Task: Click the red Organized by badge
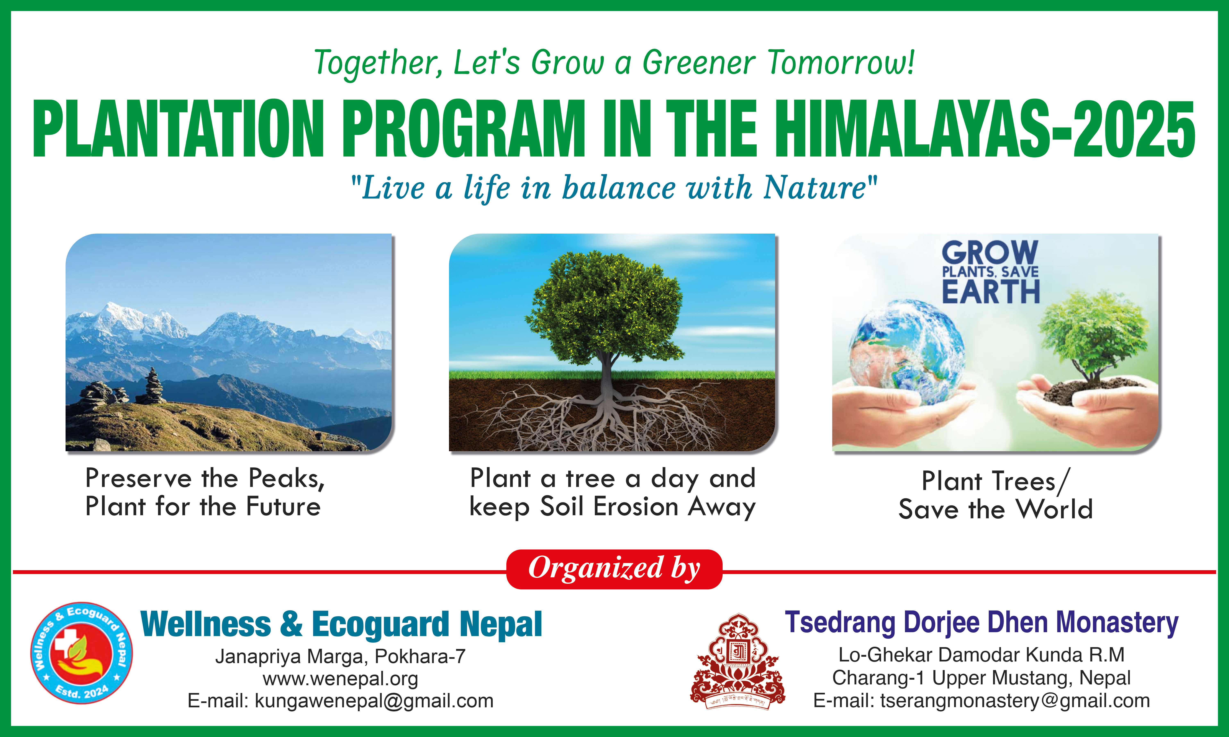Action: pos(614,569)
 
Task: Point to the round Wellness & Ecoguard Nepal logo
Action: pos(82,653)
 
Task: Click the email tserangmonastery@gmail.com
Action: pos(1015,700)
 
